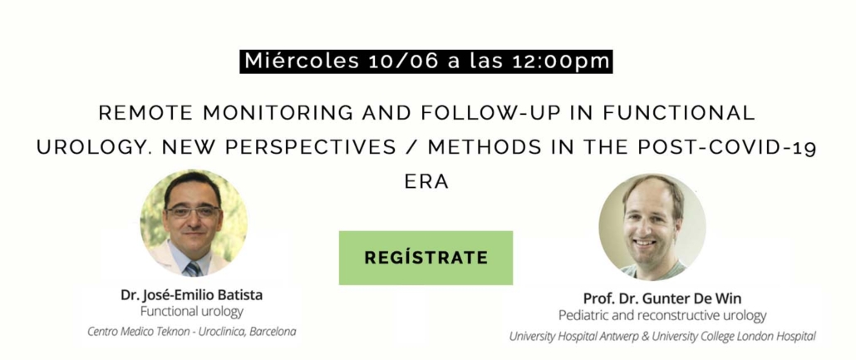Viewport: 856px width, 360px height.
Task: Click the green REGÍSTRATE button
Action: (426, 258)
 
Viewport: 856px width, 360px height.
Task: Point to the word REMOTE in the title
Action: (145, 113)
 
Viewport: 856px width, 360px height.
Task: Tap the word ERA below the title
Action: (427, 182)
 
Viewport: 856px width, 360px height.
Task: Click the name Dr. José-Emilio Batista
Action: (192, 295)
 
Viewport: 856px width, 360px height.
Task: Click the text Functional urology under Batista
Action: (192, 312)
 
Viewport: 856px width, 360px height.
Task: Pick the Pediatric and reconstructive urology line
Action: (662, 316)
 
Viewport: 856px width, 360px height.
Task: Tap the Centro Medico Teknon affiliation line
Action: (192, 332)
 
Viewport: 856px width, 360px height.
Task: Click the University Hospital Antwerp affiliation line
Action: (662, 336)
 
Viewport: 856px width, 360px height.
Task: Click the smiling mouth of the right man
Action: (647, 241)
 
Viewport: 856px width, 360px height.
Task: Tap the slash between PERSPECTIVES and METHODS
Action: (411, 148)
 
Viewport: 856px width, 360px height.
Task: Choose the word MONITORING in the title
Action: (278, 113)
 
